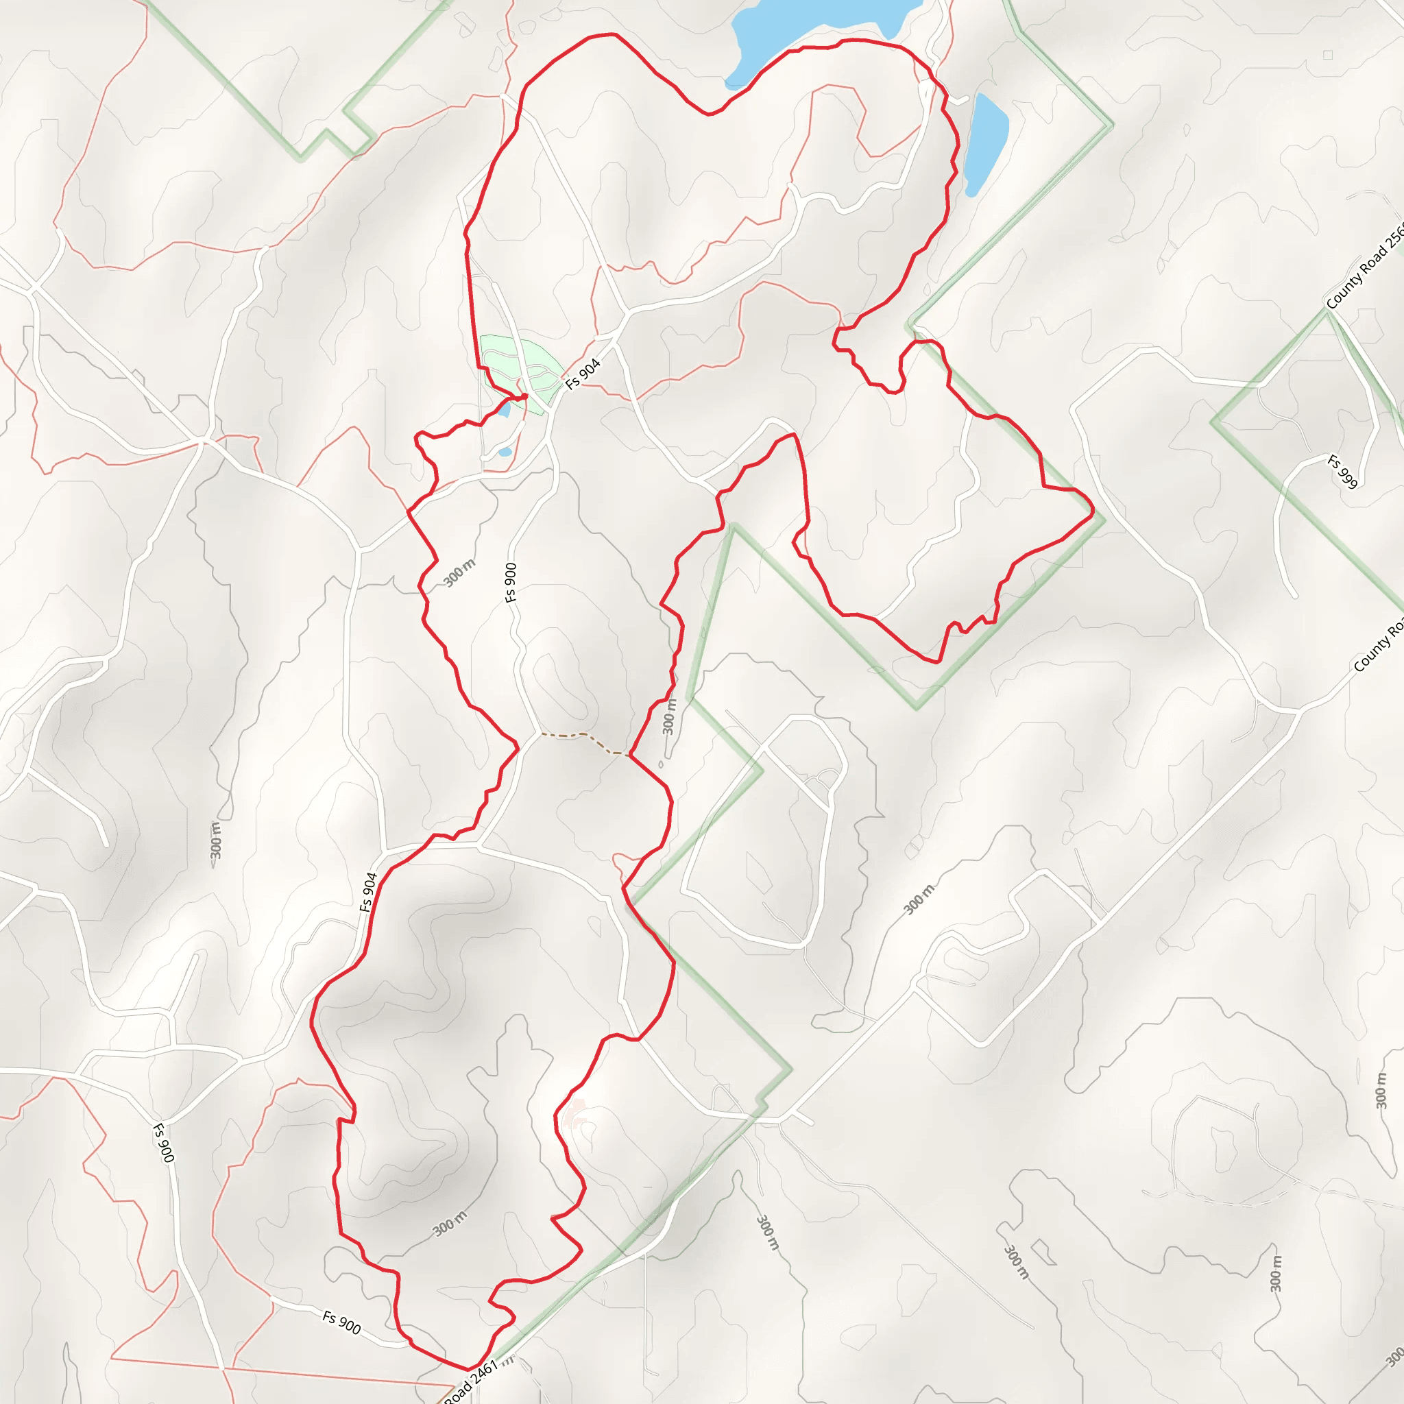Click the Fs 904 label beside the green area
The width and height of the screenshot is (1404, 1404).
click(583, 374)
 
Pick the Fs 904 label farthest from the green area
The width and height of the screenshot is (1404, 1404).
click(368, 892)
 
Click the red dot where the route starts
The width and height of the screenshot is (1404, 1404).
click(524, 396)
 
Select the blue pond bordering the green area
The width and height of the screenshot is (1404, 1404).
click(505, 411)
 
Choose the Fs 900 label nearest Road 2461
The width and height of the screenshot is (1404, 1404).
click(341, 1322)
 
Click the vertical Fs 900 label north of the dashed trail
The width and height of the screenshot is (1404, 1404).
click(511, 582)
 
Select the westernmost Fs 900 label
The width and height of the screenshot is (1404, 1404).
click(164, 1143)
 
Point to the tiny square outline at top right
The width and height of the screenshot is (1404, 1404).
click(1328, 55)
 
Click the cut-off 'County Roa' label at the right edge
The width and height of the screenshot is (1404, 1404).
click(1378, 646)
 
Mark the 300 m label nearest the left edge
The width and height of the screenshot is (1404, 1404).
click(215, 840)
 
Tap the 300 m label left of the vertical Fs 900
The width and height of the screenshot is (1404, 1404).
click(459, 572)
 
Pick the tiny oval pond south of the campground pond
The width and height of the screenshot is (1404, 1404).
click(505, 452)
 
